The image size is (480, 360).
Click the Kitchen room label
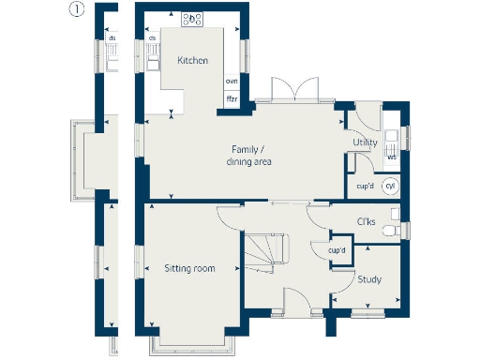point(192,61)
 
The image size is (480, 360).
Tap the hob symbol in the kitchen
point(193,18)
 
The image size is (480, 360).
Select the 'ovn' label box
point(232,82)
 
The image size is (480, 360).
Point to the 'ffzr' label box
point(232,98)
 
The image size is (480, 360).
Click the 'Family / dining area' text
point(248,156)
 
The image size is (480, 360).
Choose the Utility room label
point(365,142)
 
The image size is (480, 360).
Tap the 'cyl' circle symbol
point(391,186)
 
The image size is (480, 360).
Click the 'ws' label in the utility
point(392,157)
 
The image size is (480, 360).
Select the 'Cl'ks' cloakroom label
point(367,222)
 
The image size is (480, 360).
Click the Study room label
point(368,279)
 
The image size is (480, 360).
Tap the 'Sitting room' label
point(189,269)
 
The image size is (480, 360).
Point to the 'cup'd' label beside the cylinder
point(366,186)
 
